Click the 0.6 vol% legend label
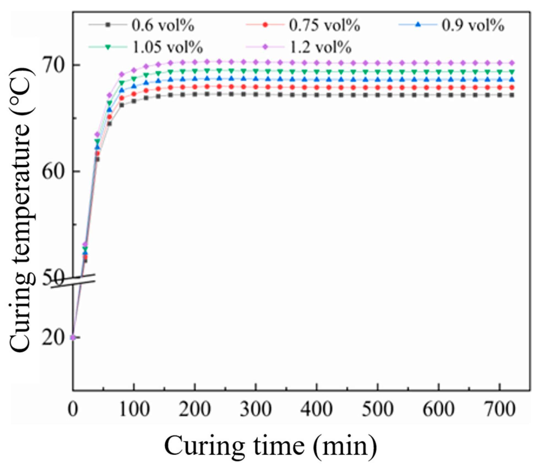click(163, 25)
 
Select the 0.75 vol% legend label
click(324, 25)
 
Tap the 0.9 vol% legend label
click(473, 25)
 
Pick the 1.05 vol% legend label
click(167, 47)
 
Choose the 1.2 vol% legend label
click(321, 47)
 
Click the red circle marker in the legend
click(265, 25)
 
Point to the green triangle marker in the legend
click(108, 47)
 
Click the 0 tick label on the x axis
click(73, 409)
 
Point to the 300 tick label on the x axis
click(256, 409)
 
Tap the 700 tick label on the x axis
click(499, 409)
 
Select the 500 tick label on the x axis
click(377, 409)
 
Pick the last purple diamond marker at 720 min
click(512, 63)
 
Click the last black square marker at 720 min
click(512, 95)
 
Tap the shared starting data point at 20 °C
click(73, 337)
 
